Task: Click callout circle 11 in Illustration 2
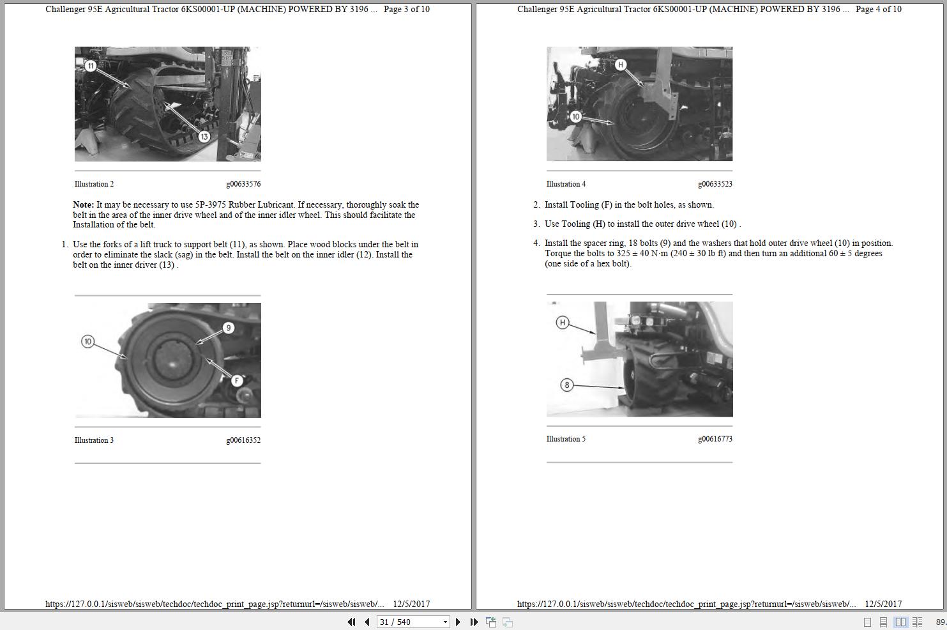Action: [91, 66]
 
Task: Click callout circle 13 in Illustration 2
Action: [204, 136]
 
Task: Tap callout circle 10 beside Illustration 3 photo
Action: [88, 342]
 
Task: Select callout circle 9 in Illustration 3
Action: [228, 328]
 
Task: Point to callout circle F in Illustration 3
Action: [237, 381]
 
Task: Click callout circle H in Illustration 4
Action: [620, 65]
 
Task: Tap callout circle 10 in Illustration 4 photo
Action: [575, 116]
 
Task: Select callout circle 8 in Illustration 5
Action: [566, 385]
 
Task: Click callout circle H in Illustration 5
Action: [562, 323]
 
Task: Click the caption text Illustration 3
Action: [94, 440]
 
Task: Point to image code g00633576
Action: [243, 184]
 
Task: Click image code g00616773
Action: [715, 439]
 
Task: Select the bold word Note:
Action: [83, 205]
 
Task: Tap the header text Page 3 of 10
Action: [406, 9]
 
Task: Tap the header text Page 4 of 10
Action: [878, 9]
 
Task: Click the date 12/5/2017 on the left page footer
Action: [411, 604]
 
